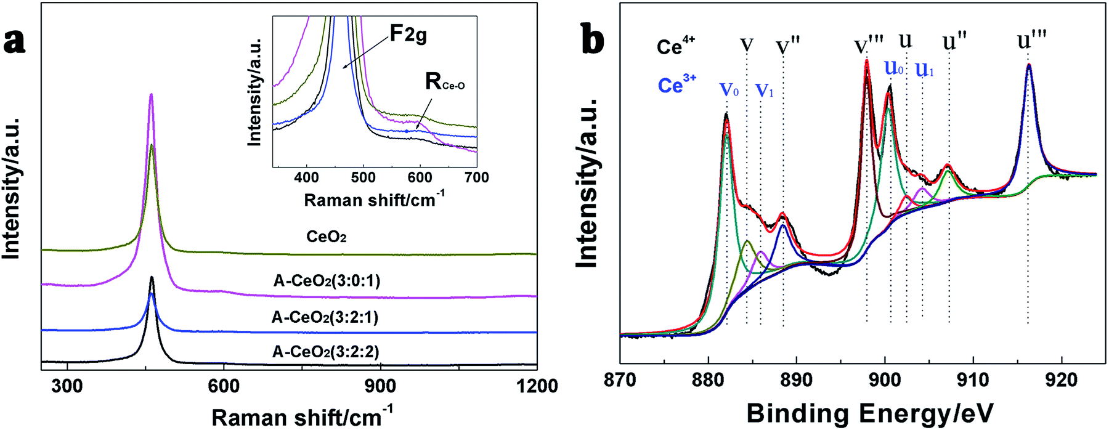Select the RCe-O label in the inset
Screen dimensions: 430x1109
pyautogui.click(x=444, y=81)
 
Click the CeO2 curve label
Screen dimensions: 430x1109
pyautogui.click(x=326, y=237)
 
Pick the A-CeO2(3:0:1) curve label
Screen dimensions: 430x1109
pyautogui.click(x=327, y=281)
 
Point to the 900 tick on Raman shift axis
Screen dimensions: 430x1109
pyautogui.click(x=380, y=386)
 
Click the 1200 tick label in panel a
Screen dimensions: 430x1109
pyautogui.click(x=537, y=386)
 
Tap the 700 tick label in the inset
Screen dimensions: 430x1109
pyautogui.click(x=476, y=178)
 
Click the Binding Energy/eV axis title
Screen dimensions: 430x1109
pyautogui.click(x=870, y=413)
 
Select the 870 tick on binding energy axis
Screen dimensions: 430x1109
pyautogui.click(x=620, y=379)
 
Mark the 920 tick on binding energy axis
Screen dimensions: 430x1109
pyautogui.click(x=1061, y=379)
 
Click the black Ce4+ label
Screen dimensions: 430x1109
pyautogui.click(x=675, y=46)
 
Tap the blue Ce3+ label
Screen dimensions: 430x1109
pyautogui.click(x=676, y=84)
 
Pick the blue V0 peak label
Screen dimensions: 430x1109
pyautogui.click(x=729, y=90)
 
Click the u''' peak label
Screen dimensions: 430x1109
pyautogui.click(x=1031, y=41)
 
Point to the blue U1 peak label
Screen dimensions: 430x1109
pyautogui.click(x=924, y=70)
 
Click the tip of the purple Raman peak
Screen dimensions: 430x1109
pyautogui.click(x=151, y=94)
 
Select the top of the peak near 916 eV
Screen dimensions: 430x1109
pyautogui.click(x=1028, y=64)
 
